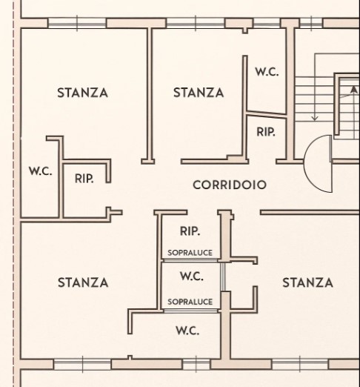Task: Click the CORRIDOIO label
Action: coord(230,185)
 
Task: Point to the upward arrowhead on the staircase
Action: coord(354,90)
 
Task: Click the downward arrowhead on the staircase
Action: coord(315,118)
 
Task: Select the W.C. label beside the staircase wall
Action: coord(267,72)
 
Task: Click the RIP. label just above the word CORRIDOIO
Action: coord(266,132)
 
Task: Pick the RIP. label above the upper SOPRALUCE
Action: coord(190,231)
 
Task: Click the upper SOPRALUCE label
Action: coord(190,253)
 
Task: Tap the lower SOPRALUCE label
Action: coord(190,302)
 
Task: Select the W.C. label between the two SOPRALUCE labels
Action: coord(192,276)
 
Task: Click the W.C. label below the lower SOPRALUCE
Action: coord(187,331)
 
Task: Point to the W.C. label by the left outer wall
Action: coord(41,171)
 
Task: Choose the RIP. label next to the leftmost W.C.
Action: coord(84,179)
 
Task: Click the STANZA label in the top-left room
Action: coord(83,93)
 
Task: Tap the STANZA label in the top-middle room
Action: coord(199,93)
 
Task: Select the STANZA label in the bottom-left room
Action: coord(83,282)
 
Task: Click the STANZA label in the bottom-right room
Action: coord(307,282)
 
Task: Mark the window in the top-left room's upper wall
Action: coord(77,24)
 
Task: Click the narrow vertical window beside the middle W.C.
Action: coord(223,277)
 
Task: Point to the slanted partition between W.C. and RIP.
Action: coord(267,114)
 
